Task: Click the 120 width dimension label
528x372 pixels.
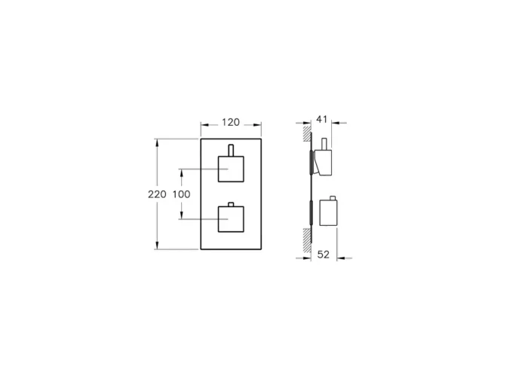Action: pos(231,121)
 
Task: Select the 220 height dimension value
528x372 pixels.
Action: pos(157,194)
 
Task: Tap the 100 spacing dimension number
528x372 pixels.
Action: pos(181,194)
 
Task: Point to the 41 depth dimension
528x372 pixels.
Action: pos(322,118)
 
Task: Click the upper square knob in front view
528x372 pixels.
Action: pos(231,169)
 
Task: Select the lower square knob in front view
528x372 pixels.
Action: pos(231,219)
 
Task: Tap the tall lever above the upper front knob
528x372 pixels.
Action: pos(231,149)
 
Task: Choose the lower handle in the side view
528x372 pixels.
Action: pos(329,212)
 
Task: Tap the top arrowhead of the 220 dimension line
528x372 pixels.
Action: pos(157,142)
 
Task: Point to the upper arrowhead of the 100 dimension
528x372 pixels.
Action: pos(181,172)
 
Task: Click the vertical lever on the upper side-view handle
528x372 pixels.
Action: pos(324,144)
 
